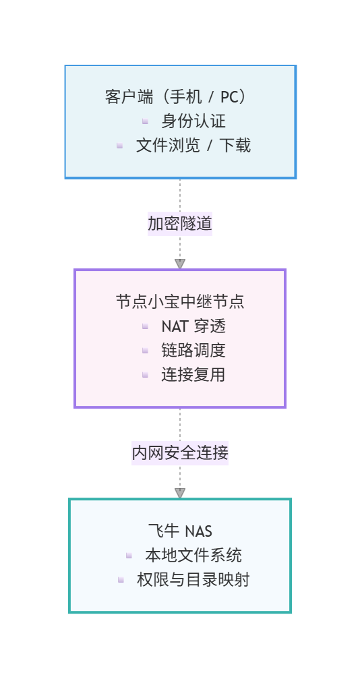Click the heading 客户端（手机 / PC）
[x=180, y=97]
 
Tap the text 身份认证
[x=193, y=121]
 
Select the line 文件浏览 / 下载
[x=193, y=145]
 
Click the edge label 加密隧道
[x=180, y=223]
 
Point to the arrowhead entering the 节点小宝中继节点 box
[x=180, y=264]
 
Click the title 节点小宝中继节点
[x=180, y=301]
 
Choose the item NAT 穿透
[x=193, y=326]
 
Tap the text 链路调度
[x=193, y=351]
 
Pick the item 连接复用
[x=193, y=375]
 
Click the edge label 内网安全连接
[x=180, y=453]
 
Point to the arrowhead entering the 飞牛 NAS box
[x=180, y=493]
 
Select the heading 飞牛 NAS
[x=180, y=531]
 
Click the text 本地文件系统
[x=193, y=556]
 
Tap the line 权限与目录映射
[x=193, y=579]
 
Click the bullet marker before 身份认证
[x=145, y=121]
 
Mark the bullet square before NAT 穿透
[x=145, y=326]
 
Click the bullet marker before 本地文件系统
[x=129, y=555]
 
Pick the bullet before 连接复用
[x=145, y=374]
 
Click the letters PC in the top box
[x=229, y=97]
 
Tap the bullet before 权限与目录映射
[x=121, y=579]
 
